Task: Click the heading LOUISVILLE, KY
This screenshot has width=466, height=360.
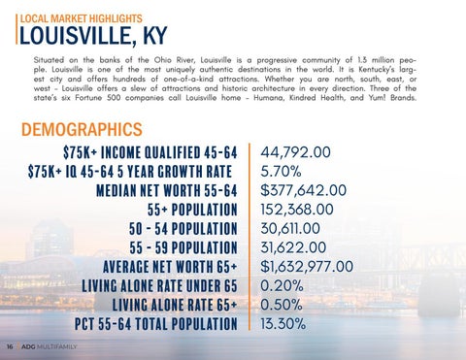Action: pos(93,35)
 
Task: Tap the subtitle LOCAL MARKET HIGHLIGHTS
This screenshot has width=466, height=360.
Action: pos(82,18)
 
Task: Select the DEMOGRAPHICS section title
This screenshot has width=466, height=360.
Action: pos(82,129)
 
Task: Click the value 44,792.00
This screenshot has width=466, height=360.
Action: pos(295,152)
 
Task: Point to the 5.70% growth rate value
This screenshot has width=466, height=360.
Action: pos(281,172)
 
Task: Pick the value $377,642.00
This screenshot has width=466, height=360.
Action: pos(304,190)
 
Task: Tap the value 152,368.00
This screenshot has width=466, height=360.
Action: pos(297,210)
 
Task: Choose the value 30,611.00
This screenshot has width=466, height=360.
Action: pos(290,228)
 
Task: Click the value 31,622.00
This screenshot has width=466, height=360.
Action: pos(293,247)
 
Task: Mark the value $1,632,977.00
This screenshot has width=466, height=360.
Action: pos(307,267)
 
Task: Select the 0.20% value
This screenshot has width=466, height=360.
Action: pos(282,285)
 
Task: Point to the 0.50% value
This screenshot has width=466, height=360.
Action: pos(282,305)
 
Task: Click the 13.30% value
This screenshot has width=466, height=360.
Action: pos(283,324)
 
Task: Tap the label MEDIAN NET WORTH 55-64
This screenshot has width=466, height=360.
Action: pos(167,190)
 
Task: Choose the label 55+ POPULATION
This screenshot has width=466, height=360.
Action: pos(192,210)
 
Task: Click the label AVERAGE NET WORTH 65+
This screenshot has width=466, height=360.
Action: pos(170,267)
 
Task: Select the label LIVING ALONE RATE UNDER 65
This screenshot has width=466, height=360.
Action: pos(159,286)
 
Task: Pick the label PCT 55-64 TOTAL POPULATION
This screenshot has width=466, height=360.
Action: pos(156,324)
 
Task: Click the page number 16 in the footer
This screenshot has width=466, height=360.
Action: pos(10,346)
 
